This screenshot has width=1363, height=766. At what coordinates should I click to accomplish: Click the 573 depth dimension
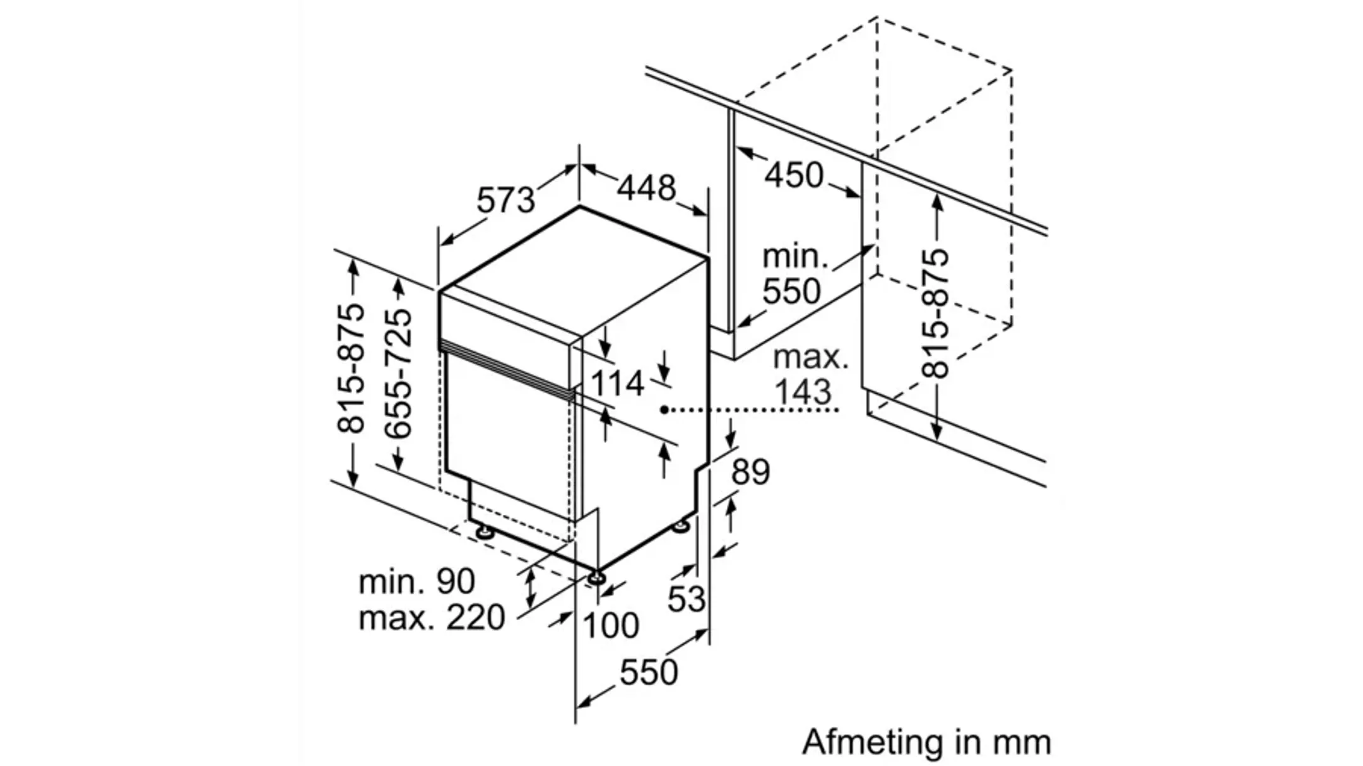(505, 200)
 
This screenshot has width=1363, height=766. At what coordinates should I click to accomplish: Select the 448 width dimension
(646, 187)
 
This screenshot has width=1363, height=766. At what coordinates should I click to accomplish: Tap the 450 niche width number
(794, 175)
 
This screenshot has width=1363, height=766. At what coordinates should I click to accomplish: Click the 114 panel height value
(617, 383)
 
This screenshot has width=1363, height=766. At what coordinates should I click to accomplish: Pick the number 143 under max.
(802, 391)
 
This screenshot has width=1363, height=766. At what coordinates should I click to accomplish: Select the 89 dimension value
(751, 472)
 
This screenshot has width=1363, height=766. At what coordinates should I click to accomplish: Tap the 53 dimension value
(686, 598)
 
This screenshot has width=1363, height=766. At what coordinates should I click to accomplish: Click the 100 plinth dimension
(610, 626)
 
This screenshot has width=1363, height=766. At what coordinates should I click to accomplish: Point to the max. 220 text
(432, 617)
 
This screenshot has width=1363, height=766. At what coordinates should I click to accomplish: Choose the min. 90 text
(416, 581)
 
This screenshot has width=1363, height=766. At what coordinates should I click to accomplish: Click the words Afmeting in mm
(926, 742)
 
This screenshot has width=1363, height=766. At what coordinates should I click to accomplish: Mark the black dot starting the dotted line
(664, 410)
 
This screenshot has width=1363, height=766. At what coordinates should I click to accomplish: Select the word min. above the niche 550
(794, 256)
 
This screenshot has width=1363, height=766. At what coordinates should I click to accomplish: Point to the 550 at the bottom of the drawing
(648, 672)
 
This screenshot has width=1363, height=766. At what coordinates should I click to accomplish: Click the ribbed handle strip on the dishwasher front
(505, 368)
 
